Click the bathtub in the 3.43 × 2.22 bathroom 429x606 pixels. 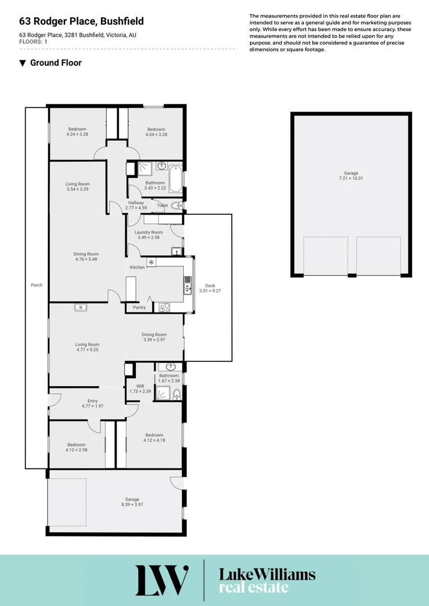(176, 178)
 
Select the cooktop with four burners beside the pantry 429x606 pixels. (165, 307)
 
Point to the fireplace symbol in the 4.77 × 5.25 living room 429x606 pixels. (80, 307)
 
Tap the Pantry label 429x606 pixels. (139, 307)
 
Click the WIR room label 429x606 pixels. (134, 386)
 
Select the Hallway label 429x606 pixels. (136, 203)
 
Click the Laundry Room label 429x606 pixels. (149, 232)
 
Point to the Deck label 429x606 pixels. (210, 286)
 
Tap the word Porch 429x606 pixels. (36, 285)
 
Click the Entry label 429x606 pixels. (93, 401)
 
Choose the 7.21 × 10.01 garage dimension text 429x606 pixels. (351, 178)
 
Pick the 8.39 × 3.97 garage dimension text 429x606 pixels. (132, 504)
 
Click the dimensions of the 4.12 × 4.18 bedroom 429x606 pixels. (154, 440)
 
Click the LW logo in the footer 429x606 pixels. (162, 580)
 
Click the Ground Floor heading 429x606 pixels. (56, 63)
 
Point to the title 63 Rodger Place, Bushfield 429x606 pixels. (81, 21)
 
